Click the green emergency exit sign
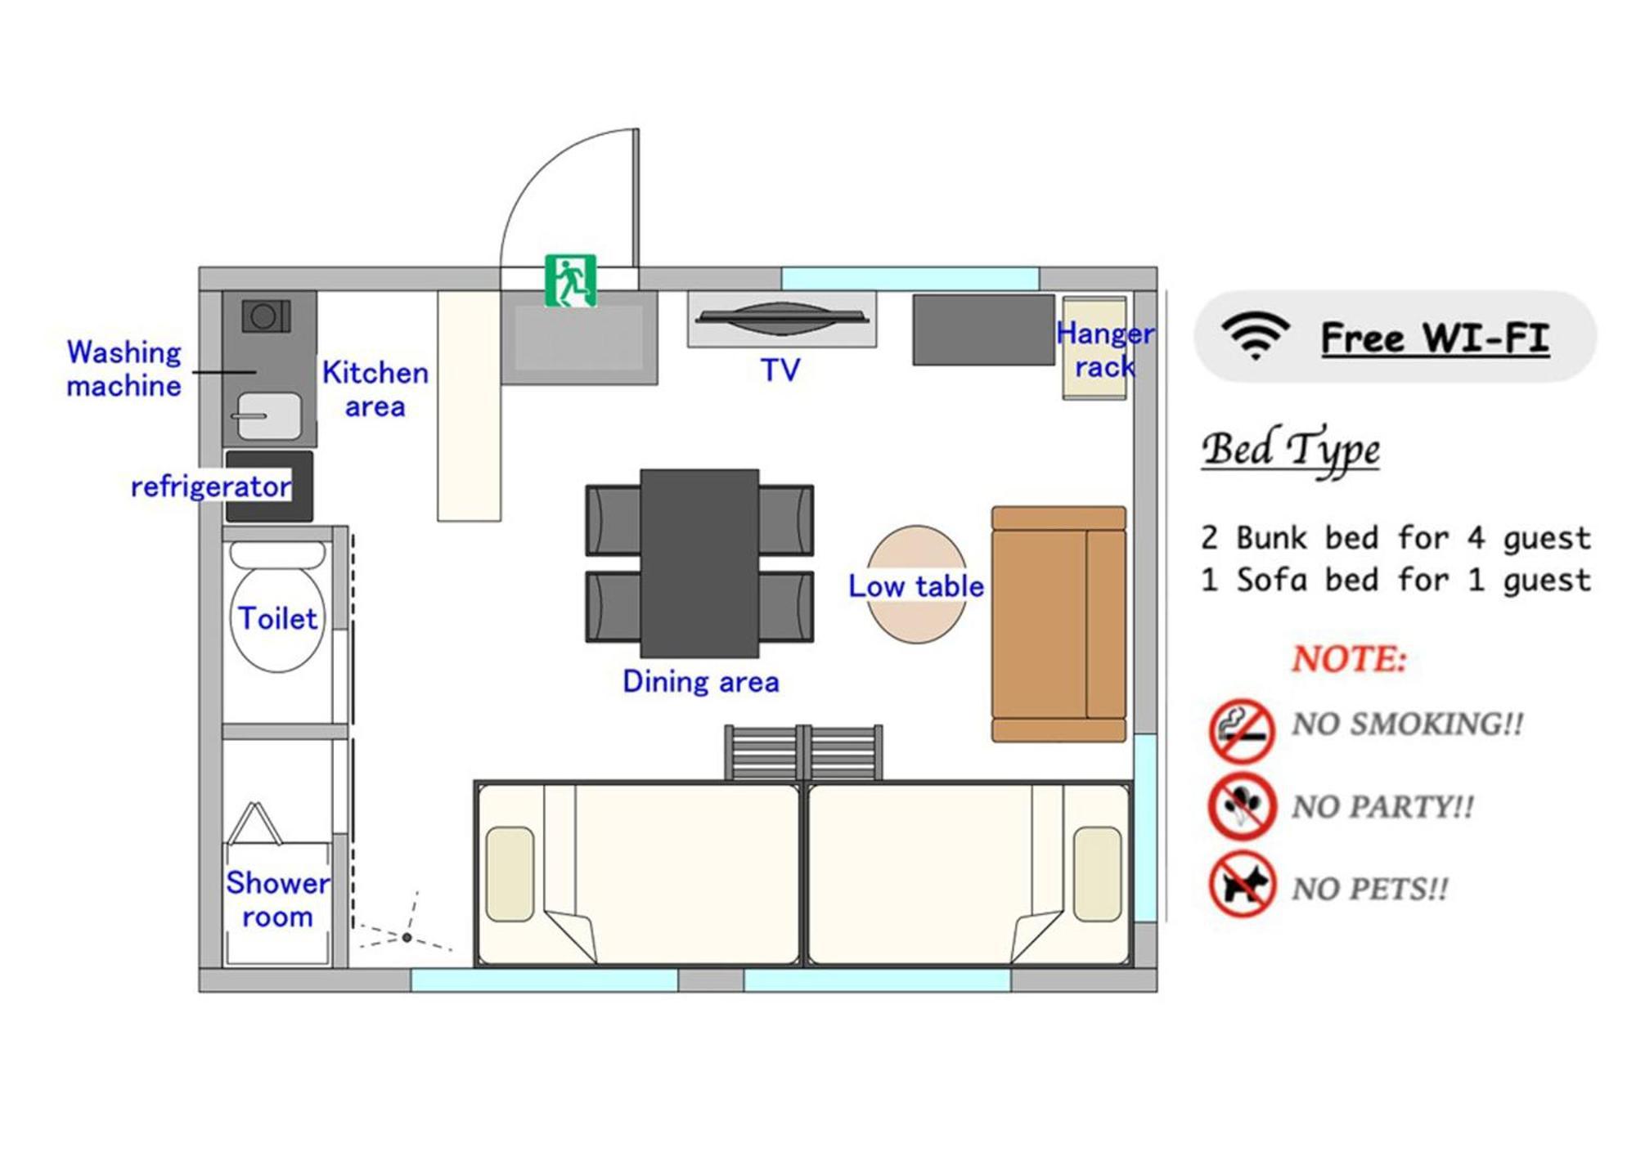click(570, 280)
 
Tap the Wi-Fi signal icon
click(1255, 335)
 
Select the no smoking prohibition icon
click(1242, 730)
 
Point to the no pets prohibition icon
click(1242, 885)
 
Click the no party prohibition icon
click(1242, 807)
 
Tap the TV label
click(780, 370)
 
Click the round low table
click(917, 584)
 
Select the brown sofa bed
click(1059, 624)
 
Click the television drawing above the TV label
click(782, 318)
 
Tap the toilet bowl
click(277, 609)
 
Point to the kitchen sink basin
click(268, 415)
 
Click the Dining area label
click(700, 682)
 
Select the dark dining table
click(699, 563)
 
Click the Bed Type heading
click(1291, 450)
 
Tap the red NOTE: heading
click(1349, 659)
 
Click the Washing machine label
click(124, 369)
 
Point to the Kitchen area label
click(375, 389)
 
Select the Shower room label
click(278, 899)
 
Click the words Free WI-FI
click(1435, 338)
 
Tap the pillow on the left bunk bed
click(510, 874)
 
